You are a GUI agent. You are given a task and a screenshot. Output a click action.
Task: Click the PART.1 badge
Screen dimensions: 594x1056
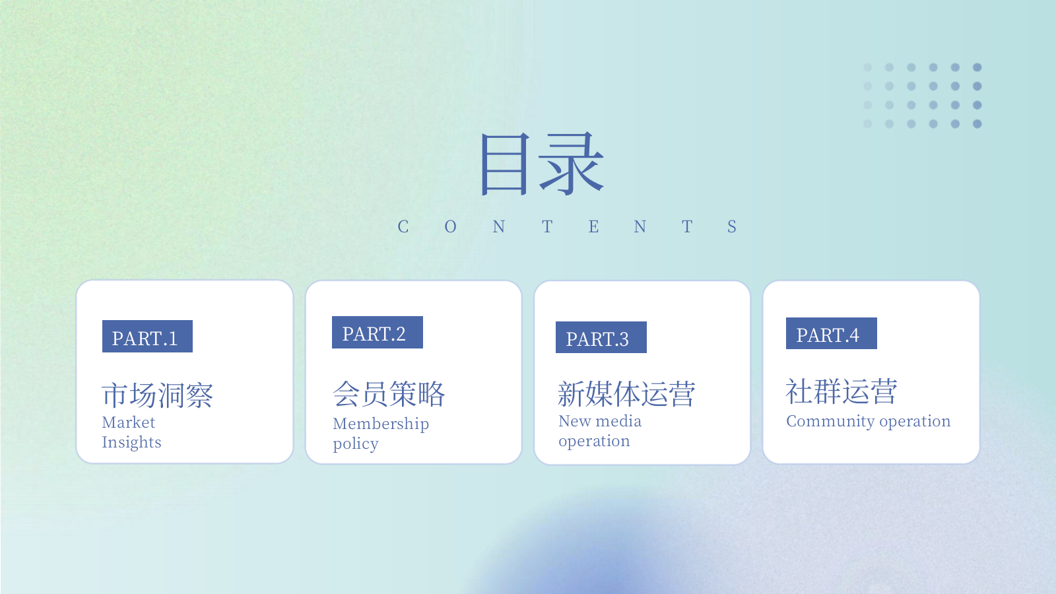pyautogui.click(x=147, y=337)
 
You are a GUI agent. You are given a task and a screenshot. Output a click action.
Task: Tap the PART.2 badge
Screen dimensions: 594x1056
pyautogui.click(x=377, y=333)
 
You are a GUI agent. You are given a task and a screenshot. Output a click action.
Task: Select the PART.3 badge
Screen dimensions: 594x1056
pyautogui.click(x=601, y=337)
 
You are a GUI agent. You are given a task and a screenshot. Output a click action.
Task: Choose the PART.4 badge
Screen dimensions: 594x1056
pyautogui.click(x=831, y=333)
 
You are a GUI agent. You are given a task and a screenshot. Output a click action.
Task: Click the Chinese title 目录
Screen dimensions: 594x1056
pyautogui.click(x=542, y=164)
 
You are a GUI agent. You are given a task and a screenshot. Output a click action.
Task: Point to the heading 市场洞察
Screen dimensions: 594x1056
pyautogui.click(x=158, y=395)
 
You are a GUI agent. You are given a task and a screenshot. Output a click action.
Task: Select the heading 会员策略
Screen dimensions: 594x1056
pyautogui.click(x=389, y=394)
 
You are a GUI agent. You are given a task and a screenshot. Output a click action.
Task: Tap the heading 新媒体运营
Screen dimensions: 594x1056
pyautogui.click(x=626, y=394)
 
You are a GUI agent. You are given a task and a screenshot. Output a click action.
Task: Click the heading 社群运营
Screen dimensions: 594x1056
pyautogui.click(x=841, y=391)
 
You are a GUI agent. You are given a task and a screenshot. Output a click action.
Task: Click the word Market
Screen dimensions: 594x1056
pyautogui.click(x=129, y=422)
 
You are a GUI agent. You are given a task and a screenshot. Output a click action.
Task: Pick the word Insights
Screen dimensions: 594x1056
pyautogui.click(x=131, y=442)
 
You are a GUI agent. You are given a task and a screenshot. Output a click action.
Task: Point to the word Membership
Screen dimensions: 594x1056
pyautogui.click(x=381, y=424)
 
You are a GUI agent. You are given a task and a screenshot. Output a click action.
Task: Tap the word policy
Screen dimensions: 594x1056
pyautogui.click(x=356, y=444)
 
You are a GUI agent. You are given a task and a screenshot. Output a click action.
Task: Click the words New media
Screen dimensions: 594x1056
pyautogui.click(x=600, y=421)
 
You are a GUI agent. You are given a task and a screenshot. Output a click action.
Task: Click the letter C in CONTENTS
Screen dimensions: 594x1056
pyautogui.click(x=403, y=227)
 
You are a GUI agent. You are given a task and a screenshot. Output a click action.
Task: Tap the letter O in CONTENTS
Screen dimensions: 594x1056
pyautogui.click(x=451, y=227)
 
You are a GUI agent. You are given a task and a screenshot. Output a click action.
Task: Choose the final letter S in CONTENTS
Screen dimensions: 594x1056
pyautogui.click(x=732, y=227)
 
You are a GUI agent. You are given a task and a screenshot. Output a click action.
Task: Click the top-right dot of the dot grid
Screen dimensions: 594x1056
pyautogui.click(x=977, y=67)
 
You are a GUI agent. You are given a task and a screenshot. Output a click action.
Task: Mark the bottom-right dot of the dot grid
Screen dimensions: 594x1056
pyautogui.click(x=977, y=124)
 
